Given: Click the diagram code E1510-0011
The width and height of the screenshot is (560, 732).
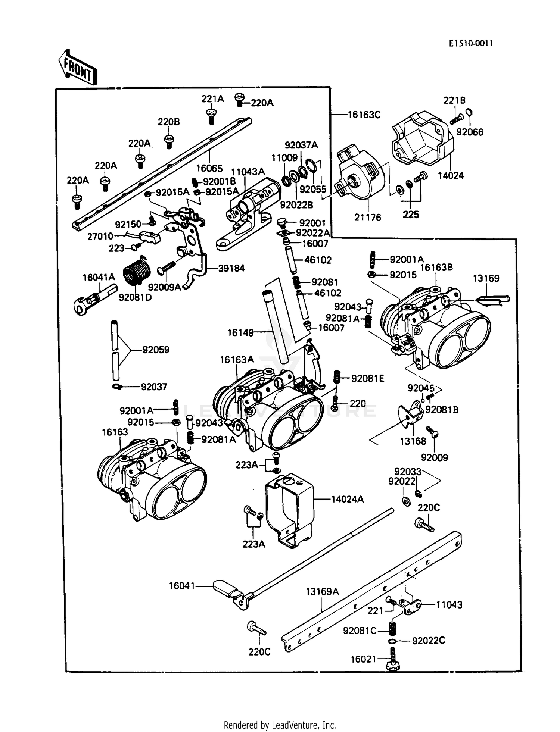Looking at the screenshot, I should click(471, 43).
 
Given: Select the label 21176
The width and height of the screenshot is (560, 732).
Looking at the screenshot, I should click(367, 218).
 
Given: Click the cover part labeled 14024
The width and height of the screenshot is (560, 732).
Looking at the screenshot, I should click(422, 140).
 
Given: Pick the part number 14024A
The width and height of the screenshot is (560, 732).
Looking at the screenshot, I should click(347, 499).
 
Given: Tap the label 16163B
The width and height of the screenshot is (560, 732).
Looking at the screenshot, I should click(436, 268).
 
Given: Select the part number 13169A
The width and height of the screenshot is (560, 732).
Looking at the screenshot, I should click(322, 592).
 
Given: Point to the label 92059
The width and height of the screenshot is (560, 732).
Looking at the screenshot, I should click(156, 350).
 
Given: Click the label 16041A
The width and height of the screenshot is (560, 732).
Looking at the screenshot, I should click(99, 277).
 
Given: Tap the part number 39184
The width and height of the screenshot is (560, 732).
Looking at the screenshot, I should click(231, 268).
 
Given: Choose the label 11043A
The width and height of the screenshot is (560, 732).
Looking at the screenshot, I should click(248, 172).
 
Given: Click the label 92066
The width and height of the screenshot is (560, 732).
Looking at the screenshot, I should click(470, 132).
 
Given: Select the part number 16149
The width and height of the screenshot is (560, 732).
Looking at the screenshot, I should click(240, 332).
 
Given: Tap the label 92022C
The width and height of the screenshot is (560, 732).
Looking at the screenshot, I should click(428, 641).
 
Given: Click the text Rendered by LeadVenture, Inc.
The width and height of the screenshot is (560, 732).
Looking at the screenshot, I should click(280, 725).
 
